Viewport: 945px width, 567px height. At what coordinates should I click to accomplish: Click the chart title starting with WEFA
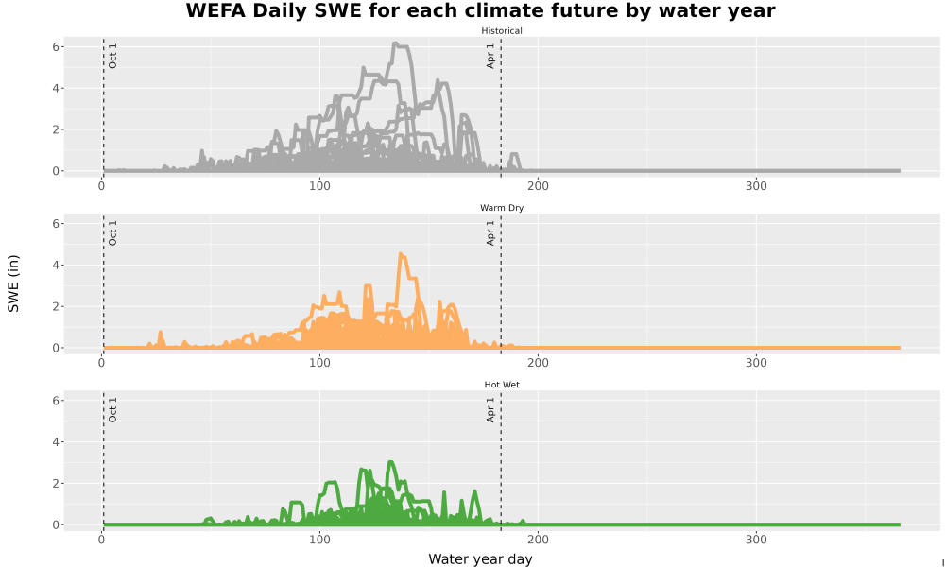(480, 10)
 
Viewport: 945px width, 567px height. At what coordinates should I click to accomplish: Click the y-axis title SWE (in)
(13, 283)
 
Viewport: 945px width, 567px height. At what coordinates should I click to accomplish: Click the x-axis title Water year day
(480, 559)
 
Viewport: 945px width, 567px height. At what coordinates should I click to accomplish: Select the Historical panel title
(502, 31)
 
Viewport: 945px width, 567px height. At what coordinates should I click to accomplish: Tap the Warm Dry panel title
(502, 208)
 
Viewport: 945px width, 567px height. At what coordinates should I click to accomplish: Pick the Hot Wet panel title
(502, 385)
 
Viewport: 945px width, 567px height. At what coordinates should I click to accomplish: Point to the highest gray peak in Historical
(395, 43)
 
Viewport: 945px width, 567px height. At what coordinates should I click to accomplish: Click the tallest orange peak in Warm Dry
(402, 255)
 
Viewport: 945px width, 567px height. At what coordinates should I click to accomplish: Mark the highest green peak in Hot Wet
(390, 463)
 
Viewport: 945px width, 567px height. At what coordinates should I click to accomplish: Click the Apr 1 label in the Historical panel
(490, 56)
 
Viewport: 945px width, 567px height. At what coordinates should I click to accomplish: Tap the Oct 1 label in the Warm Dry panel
(112, 232)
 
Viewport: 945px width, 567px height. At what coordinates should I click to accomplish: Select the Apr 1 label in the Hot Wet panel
(490, 409)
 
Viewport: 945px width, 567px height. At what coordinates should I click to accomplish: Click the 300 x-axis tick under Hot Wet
(756, 540)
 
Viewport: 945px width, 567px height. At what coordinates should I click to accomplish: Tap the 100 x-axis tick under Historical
(319, 186)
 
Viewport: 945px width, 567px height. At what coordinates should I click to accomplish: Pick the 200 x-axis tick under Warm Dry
(538, 363)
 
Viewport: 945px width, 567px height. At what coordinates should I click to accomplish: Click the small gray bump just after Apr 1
(514, 161)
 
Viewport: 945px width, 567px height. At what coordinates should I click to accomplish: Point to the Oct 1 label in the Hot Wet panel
(112, 409)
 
